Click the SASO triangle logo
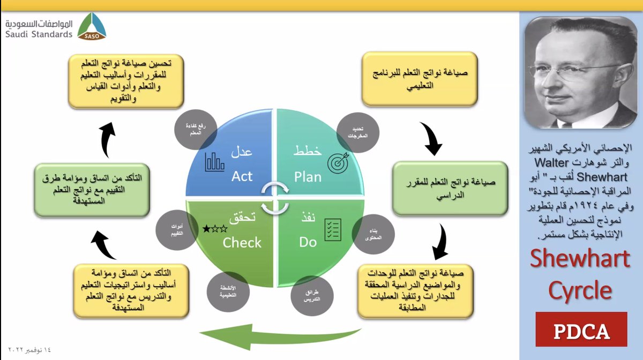92,27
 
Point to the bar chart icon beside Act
214,162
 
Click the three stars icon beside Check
215,230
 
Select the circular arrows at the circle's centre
274,198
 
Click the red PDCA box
581,330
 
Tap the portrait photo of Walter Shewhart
581,73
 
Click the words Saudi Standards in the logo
39,34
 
